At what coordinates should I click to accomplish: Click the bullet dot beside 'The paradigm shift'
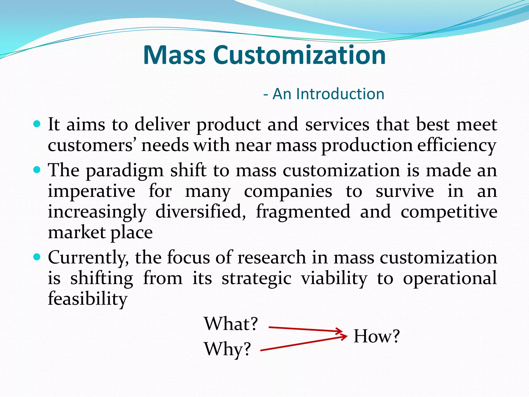(x=37, y=170)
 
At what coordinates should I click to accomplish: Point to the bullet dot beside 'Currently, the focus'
(x=37, y=257)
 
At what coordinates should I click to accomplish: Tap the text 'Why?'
(x=228, y=349)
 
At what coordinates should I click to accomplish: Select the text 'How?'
(x=376, y=336)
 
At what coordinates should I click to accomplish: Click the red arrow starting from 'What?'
(x=305, y=329)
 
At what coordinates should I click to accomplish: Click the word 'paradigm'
(x=125, y=171)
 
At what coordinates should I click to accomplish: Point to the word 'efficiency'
(x=457, y=146)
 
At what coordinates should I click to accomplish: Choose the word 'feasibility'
(x=88, y=299)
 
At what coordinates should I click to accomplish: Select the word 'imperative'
(x=91, y=192)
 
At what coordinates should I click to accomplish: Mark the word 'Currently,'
(x=88, y=258)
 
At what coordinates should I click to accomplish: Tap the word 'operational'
(x=450, y=278)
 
